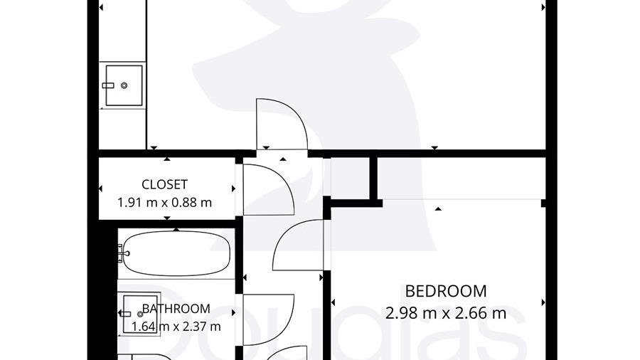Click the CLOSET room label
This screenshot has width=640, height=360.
pos(164,184)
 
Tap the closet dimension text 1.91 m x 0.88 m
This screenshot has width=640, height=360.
pos(164,203)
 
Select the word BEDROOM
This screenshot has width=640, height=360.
pos(446,292)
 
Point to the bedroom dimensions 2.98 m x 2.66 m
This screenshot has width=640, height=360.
pos(446,314)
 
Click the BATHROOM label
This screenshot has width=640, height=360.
pos(176,309)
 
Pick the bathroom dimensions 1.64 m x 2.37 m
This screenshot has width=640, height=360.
pos(176,327)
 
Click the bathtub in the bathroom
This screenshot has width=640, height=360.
pos(176,253)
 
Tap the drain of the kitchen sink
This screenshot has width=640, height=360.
pos(124,85)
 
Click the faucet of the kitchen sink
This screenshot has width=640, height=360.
pos(108,85)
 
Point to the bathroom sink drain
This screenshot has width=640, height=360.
pos(140,314)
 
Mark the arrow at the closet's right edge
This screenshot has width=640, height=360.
pos(233,189)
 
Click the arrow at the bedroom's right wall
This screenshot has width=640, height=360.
pos(543,302)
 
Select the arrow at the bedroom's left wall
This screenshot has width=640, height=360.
pos(333,302)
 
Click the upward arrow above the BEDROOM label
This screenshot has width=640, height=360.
pos(438,209)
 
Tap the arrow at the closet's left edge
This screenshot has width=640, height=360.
pos(100,189)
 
